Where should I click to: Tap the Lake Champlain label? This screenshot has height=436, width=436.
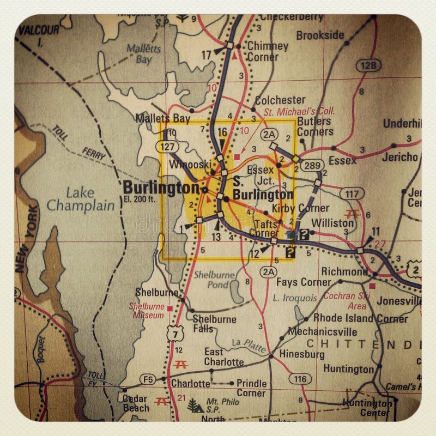pos(81,199)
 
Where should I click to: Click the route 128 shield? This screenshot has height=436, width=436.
pos(368,66)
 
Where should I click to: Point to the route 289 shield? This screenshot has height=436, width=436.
pos(315,164)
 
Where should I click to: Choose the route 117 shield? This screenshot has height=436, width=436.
pos(352,193)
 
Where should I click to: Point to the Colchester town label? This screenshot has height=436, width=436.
pos(280,100)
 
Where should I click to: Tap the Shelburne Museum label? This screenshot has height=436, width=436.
pos(146,311)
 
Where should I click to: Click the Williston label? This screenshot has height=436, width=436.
pos(332,223)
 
